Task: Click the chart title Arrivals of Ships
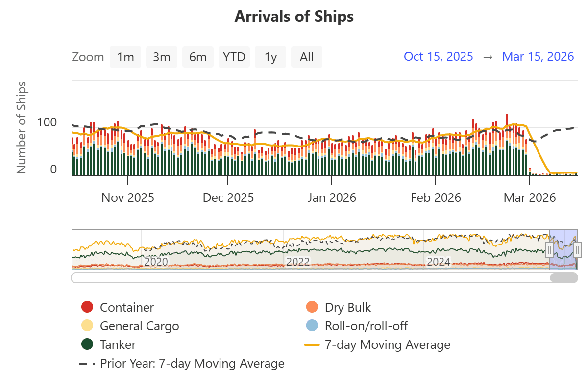click(294, 16)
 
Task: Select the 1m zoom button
click(125, 57)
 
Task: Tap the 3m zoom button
click(162, 57)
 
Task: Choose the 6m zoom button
click(198, 57)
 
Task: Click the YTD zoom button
click(234, 57)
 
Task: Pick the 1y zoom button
click(270, 57)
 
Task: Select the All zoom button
click(307, 57)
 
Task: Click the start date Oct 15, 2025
click(439, 56)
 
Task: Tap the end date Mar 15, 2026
click(538, 56)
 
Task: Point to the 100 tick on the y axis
click(47, 122)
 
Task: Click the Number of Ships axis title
click(21, 127)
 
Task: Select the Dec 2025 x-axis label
click(228, 198)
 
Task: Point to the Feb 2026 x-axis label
click(436, 198)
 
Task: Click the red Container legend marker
click(87, 308)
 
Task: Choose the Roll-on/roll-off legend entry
click(366, 326)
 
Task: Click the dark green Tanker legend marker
click(87, 345)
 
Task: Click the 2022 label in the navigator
click(298, 262)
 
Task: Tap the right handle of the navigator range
click(577, 249)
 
